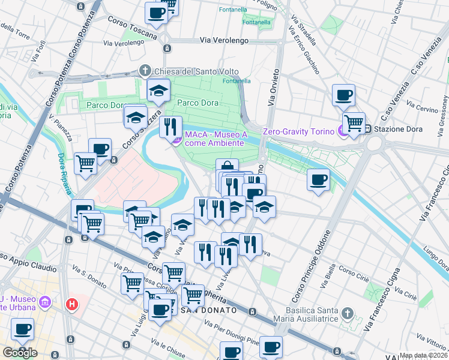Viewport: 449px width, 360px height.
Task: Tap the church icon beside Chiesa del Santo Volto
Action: [x=145, y=71]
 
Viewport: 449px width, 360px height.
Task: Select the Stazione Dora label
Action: [x=397, y=129]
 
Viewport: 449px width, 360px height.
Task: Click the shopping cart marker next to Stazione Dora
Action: [x=354, y=123]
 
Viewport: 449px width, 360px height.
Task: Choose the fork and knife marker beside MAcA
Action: [x=171, y=126]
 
